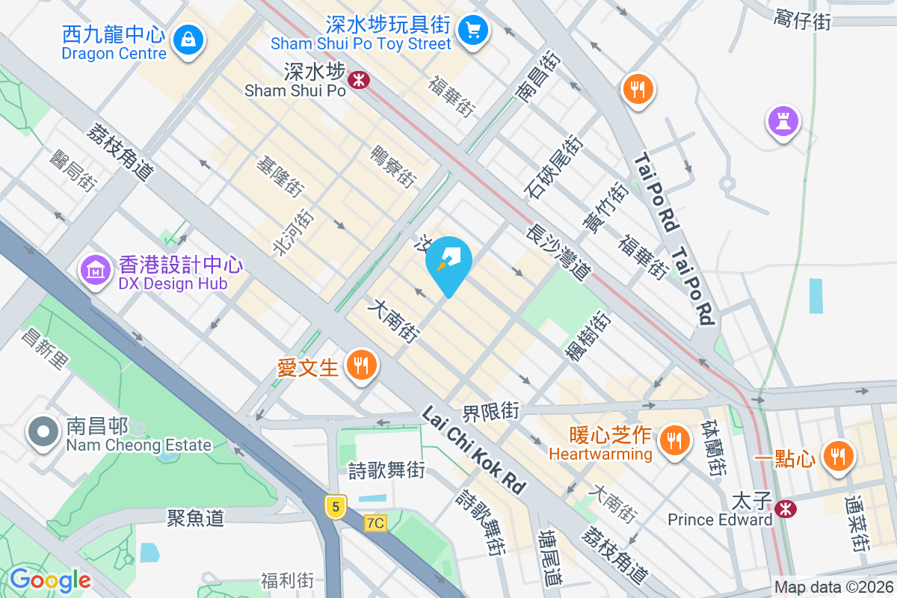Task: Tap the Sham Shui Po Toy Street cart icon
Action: [472, 30]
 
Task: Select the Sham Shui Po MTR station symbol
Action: [360, 78]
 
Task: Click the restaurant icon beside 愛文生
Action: [362, 366]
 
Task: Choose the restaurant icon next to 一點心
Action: [836, 454]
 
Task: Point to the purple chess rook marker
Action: [783, 120]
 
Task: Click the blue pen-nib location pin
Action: [449, 260]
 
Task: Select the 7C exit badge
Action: [375, 523]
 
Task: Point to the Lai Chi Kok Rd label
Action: [473, 449]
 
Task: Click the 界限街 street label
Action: [491, 411]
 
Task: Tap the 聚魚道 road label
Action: [195, 517]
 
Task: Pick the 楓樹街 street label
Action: [588, 336]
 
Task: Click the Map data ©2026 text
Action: [833, 588]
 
